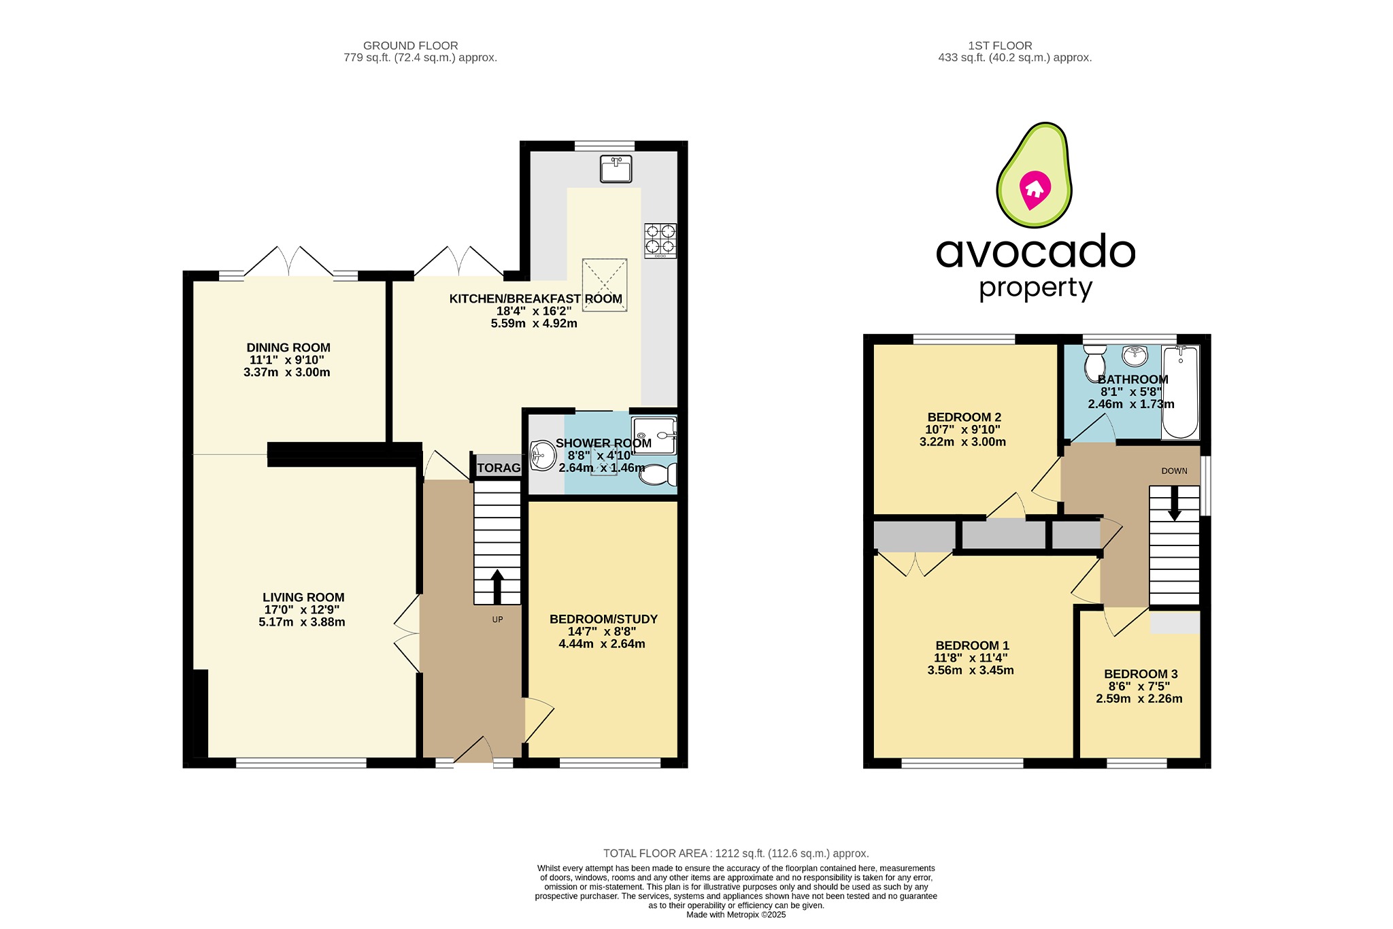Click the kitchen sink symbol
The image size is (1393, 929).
[x=616, y=169]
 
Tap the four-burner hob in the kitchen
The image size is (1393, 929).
[x=660, y=241]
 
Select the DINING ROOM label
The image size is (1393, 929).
[x=288, y=348]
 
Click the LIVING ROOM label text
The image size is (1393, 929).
[x=303, y=598]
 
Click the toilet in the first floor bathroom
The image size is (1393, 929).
[x=1095, y=363]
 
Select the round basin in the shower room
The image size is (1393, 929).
[x=543, y=456]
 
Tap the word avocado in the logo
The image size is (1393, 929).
[x=1035, y=252]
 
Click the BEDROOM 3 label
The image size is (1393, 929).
[x=1141, y=674]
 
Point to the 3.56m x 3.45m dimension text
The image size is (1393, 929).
[x=971, y=671]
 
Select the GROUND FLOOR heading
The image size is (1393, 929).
[x=410, y=46]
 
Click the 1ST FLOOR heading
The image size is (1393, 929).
[x=1000, y=46]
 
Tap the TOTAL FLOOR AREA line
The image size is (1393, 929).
[x=736, y=854]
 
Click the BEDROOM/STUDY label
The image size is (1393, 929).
[x=603, y=620]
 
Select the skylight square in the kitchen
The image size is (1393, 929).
[x=604, y=284]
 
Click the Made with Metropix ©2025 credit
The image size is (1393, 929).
[x=736, y=915]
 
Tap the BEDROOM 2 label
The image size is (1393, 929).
[x=964, y=418]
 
